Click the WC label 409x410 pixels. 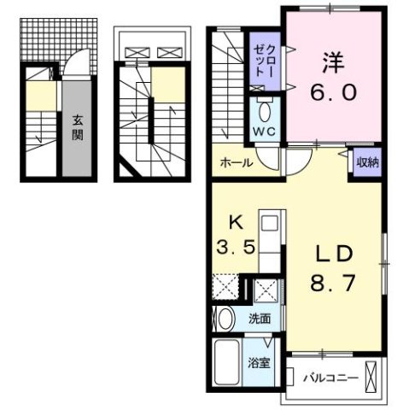(x=263, y=132)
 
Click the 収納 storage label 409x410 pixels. (x=367, y=161)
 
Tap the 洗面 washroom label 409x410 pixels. (x=260, y=319)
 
